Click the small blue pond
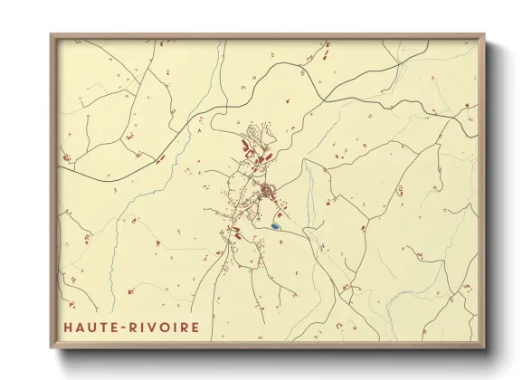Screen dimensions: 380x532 click(x=274, y=225)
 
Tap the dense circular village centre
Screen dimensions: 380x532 click(x=267, y=192)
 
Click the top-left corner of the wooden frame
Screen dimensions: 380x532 click(x=51, y=35)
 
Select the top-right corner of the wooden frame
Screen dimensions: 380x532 click(x=484, y=35)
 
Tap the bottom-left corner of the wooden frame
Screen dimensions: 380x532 click(x=51, y=347)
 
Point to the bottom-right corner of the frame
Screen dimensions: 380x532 click(x=484, y=347)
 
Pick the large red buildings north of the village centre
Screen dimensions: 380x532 click(x=249, y=143)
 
